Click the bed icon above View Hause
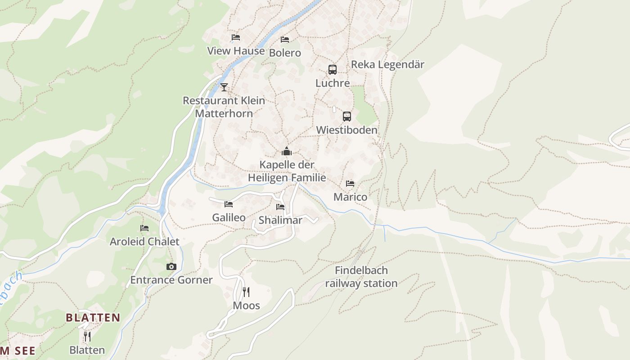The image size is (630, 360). pos(236,37)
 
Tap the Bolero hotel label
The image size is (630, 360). pos(285,53)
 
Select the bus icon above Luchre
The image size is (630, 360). pos(333,70)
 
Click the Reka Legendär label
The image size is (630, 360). pos(387,64)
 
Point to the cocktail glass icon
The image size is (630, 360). pos(224,87)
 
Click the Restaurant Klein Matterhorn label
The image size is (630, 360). pos(224,107)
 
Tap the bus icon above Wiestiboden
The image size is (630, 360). pos(346,117)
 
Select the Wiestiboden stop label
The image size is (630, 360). pos(346,130)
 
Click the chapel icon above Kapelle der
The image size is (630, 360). pos(287,151)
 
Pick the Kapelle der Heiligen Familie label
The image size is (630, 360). pos(287,171)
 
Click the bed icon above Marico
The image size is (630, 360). pos(350,184)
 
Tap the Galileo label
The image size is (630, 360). pos(229,218)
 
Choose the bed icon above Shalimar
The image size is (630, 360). pos(280,207)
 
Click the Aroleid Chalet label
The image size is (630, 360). pos(144,242)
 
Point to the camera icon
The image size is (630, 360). pos(171,266)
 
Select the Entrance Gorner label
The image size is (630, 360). pos(171,280)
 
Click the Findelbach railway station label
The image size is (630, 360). pos(361,277)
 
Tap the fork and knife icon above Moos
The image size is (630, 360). pos(246,292)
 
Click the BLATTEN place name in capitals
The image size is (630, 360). pos(93,318)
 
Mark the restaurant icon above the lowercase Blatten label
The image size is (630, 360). pos(87,336)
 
